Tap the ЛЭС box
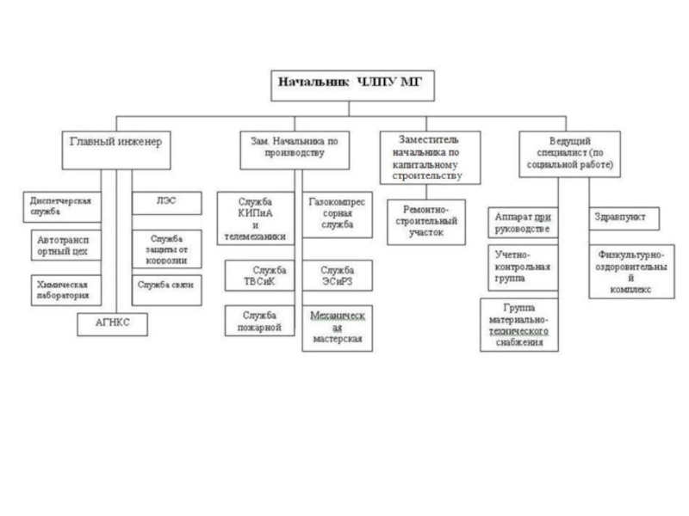pos(166,202)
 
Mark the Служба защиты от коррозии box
pos(166,249)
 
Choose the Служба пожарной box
pos(257,321)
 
